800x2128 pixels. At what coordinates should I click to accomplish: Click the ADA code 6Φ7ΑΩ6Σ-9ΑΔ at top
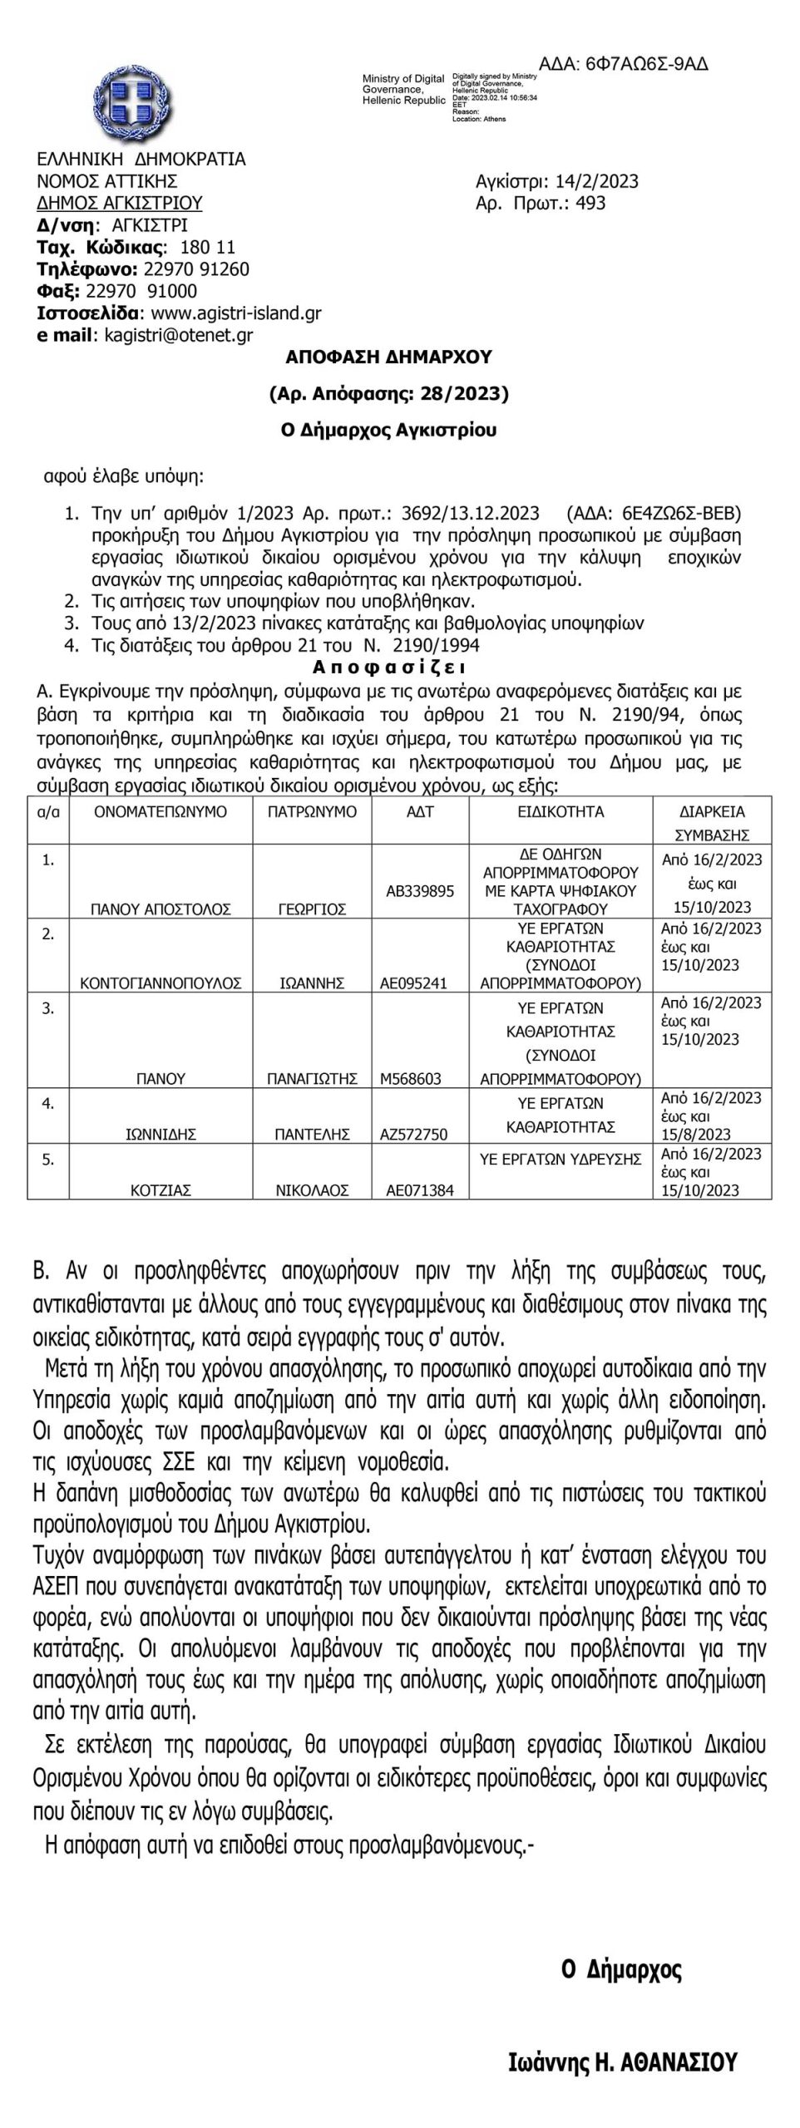[x=624, y=65]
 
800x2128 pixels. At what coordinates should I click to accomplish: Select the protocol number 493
[x=590, y=204]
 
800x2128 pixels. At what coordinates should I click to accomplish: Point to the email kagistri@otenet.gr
[x=179, y=335]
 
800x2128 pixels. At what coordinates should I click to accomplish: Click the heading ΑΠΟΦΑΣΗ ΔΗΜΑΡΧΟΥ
[x=388, y=357]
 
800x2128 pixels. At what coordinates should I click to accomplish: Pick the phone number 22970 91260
[x=196, y=269]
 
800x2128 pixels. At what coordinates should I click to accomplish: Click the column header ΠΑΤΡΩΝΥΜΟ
[x=311, y=811]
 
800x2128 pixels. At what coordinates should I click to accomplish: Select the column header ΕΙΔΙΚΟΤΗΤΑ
[x=560, y=811]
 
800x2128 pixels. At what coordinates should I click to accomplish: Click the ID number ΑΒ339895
[x=420, y=891]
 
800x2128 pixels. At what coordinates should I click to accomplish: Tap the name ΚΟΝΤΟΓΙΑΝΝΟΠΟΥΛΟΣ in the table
[x=160, y=983]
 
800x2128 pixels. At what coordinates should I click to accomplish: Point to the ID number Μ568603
[x=411, y=1079]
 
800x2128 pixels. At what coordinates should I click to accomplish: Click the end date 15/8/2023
[x=696, y=1135]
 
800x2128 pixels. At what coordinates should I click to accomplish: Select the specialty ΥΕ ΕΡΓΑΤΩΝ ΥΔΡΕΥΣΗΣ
[x=560, y=1159]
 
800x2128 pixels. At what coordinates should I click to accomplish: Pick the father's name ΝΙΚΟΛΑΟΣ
[x=311, y=1190]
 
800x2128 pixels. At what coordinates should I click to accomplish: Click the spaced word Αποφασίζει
[x=388, y=667]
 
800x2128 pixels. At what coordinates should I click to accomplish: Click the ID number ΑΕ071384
[x=420, y=1190]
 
